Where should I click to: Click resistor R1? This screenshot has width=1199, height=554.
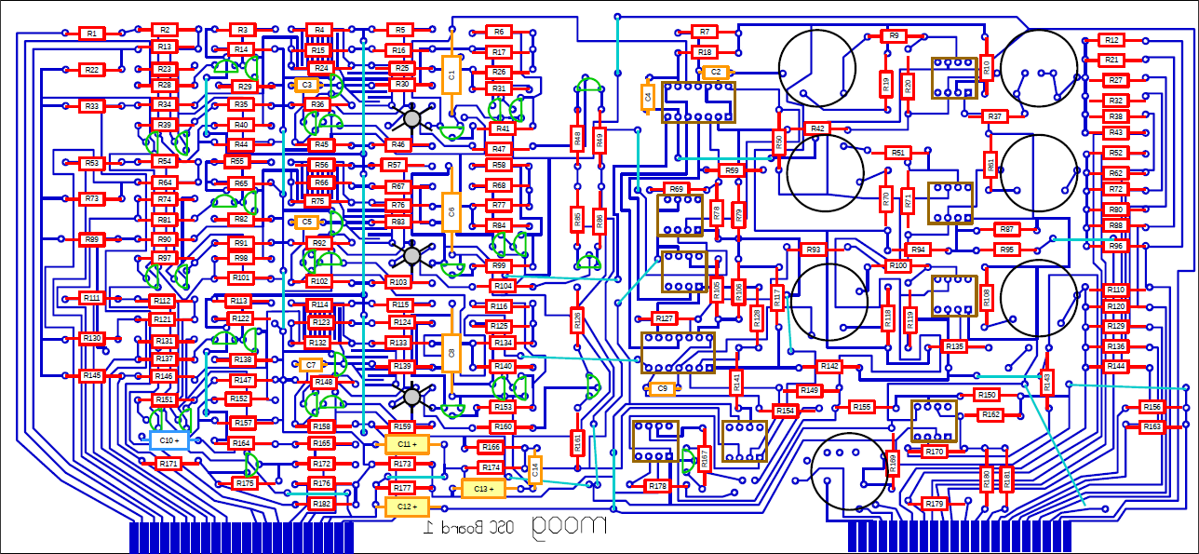pyautogui.click(x=91, y=34)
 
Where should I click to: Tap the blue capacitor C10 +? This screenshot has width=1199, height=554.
pyautogui.click(x=169, y=440)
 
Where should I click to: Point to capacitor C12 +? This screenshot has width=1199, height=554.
pyautogui.click(x=407, y=507)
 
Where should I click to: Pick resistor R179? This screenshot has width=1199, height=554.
pyautogui.click(x=935, y=504)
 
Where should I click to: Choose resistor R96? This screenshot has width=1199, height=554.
pyautogui.click(x=1115, y=246)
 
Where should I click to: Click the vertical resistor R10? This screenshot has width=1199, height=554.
pyautogui.click(x=987, y=66)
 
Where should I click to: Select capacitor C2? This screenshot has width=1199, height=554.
pyautogui.click(x=714, y=72)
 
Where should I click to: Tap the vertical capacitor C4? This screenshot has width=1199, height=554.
pyautogui.click(x=648, y=97)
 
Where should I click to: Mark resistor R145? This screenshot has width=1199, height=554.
pyautogui.click(x=91, y=376)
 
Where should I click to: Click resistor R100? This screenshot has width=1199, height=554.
pyautogui.click(x=897, y=266)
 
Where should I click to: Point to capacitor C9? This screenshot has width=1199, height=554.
pyautogui.click(x=662, y=388)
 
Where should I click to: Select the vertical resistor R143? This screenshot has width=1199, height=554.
pyautogui.click(x=1046, y=382)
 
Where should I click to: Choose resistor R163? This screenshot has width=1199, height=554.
pyautogui.click(x=1152, y=426)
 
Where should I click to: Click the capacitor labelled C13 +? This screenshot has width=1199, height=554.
pyautogui.click(x=483, y=489)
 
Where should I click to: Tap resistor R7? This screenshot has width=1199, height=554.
pyautogui.click(x=705, y=32)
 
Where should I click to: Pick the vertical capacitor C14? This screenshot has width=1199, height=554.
pyautogui.click(x=534, y=470)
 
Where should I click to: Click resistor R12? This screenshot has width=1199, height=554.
pyautogui.click(x=1111, y=40)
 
